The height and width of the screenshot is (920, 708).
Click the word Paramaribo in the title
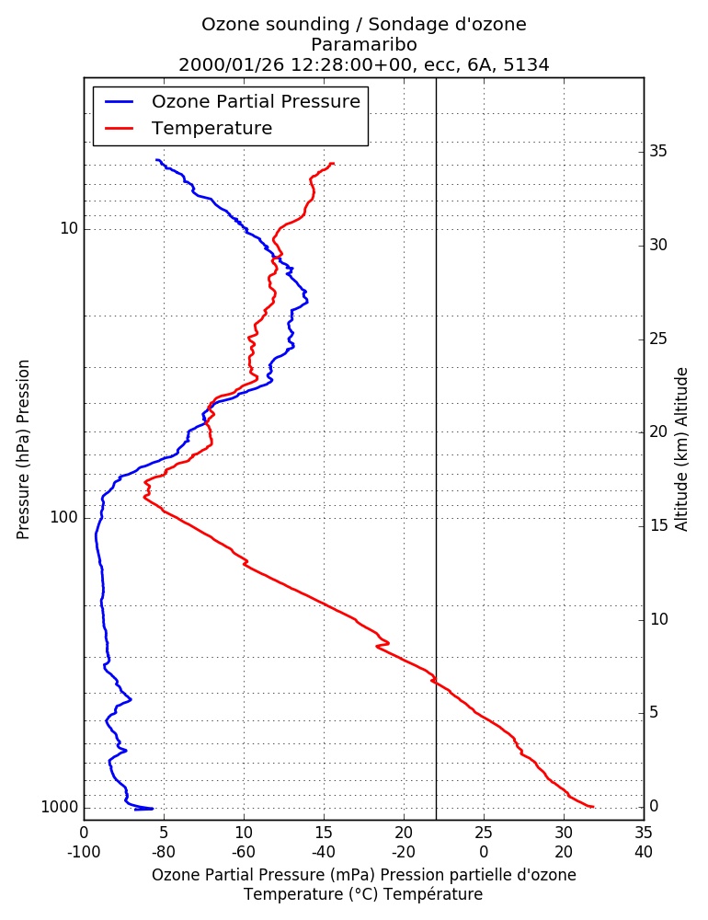364,44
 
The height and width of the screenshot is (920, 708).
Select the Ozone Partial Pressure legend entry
233,101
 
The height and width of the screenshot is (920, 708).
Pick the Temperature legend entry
188,128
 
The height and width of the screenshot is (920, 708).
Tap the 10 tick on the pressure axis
69,228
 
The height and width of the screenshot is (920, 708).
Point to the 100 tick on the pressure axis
64,517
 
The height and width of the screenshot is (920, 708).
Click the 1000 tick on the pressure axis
60,808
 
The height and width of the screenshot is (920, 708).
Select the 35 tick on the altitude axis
658,152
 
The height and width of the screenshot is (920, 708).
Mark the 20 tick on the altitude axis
658,431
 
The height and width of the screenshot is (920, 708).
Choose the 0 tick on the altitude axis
654,806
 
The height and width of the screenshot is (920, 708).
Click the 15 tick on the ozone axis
324,833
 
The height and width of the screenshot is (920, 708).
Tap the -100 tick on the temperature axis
84,852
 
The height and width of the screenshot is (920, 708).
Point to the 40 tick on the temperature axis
644,852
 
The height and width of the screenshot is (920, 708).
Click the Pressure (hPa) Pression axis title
23,450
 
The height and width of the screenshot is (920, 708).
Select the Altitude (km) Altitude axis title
681,450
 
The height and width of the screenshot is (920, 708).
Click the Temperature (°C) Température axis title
363,894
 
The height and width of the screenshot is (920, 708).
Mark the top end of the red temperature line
333,164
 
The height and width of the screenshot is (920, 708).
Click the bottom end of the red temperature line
593,806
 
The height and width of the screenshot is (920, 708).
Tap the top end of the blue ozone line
156,159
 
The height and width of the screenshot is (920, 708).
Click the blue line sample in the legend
120,101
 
